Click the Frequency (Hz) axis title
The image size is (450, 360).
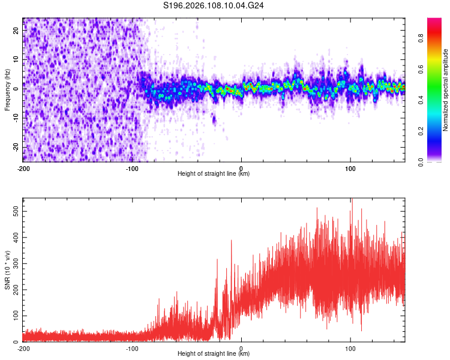pyautogui.click(x=7, y=90)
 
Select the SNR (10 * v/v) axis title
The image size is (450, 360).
pyautogui.click(x=7, y=270)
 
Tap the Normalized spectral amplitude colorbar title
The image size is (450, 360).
pyautogui.click(x=446, y=90)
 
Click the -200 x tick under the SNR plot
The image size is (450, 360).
pyautogui.click(x=23, y=349)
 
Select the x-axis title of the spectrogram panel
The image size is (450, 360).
pyautogui.click(x=214, y=174)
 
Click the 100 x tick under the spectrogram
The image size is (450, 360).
pyautogui.click(x=350, y=169)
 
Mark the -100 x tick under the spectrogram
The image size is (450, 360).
pyautogui.click(x=132, y=169)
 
